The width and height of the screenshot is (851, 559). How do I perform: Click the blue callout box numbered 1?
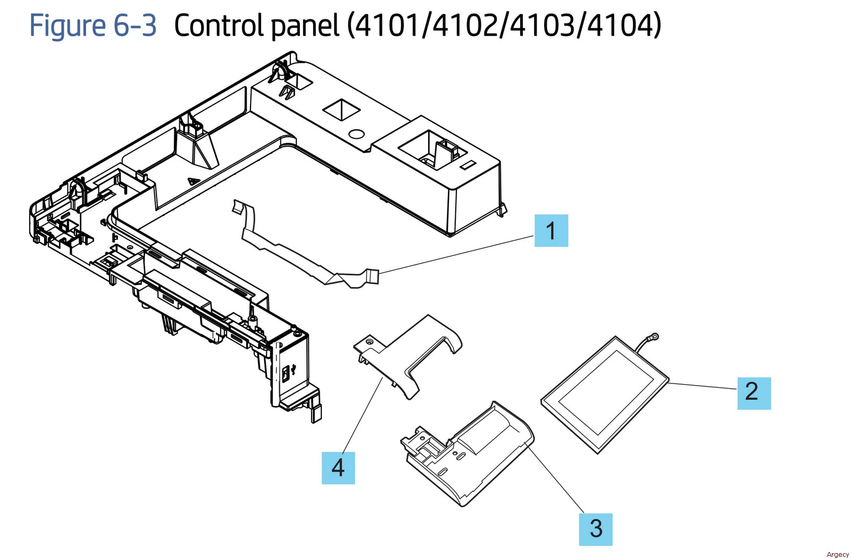[551, 230]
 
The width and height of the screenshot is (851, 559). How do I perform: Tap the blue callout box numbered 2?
[754, 393]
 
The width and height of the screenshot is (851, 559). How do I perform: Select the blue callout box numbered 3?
[596, 529]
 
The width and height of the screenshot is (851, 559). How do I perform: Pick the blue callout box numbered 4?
[338, 468]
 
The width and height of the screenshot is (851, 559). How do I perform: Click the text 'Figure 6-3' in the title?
[93, 26]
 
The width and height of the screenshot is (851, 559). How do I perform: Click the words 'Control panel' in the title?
[256, 26]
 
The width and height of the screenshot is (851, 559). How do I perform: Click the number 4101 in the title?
[385, 26]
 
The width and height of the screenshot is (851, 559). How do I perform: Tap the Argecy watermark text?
[837, 554]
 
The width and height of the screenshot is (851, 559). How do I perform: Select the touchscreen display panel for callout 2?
[604, 394]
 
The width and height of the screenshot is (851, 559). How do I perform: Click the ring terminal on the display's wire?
[654, 337]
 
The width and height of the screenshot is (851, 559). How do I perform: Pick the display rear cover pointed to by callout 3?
[468, 452]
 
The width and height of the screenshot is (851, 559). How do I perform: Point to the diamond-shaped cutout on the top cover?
[341, 110]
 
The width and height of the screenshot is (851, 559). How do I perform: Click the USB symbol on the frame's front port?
[286, 372]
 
